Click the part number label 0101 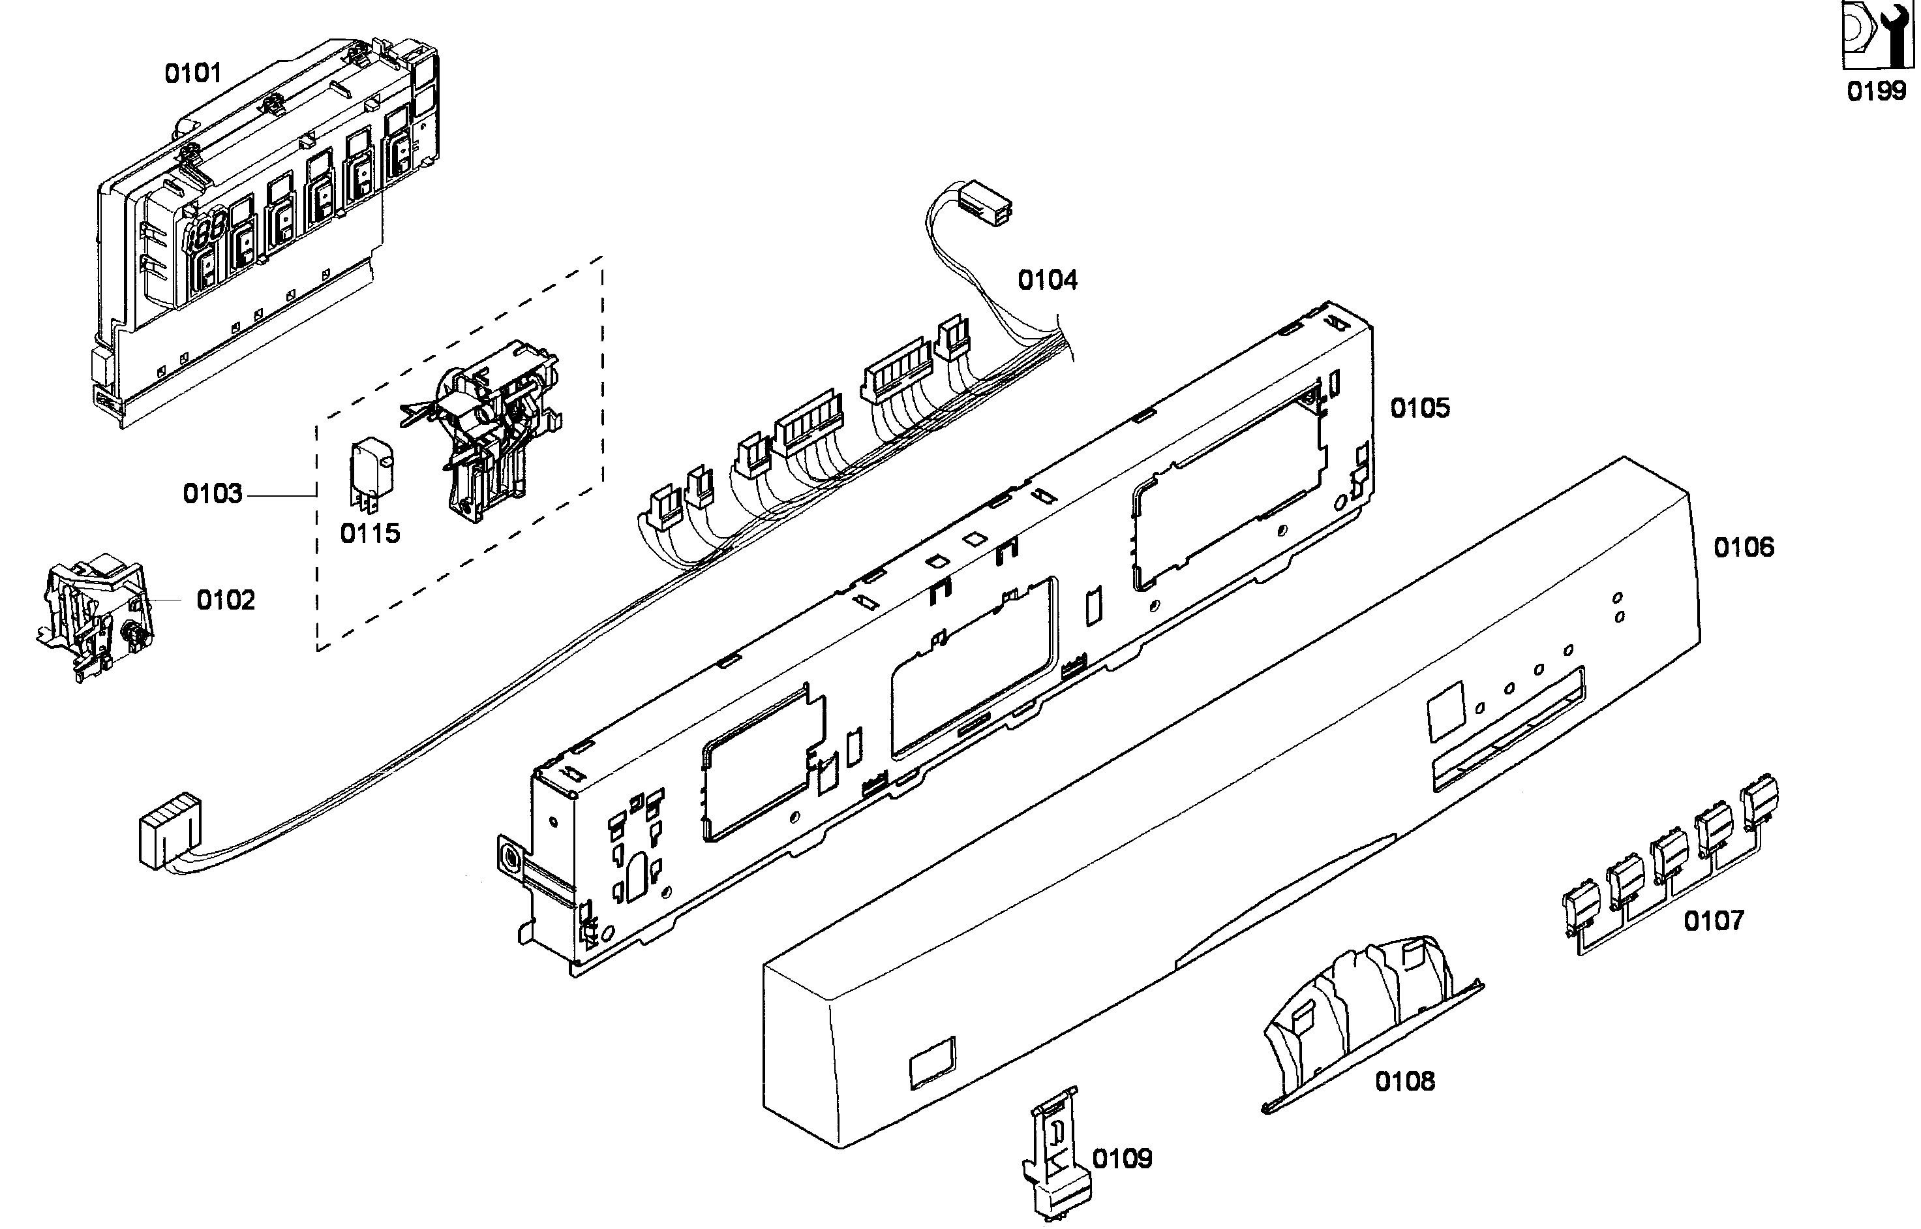(x=192, y=73)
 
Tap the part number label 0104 (x=1047, y=280)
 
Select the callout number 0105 (x=1419, y=408)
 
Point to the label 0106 (x=1743, y=548)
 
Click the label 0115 (x=369, y=533)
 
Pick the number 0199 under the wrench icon (x=1877, y=91)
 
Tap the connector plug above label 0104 (x=986, y=204)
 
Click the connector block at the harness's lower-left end (x=168, y=830)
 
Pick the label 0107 (x=1714, y=921)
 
